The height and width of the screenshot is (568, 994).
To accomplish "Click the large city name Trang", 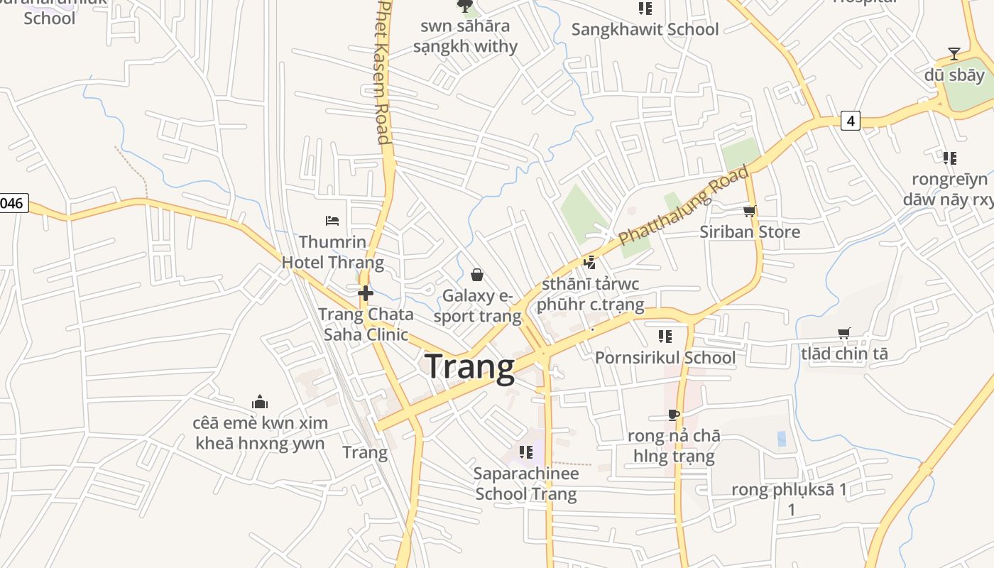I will [470, 368].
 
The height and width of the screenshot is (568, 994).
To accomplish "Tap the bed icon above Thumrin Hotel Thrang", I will [332, 221].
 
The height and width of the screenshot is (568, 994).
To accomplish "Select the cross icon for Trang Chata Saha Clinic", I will [366, 293].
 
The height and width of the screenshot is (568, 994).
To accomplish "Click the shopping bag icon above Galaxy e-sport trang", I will [477, 275].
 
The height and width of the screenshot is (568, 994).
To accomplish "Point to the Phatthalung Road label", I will [683, 205].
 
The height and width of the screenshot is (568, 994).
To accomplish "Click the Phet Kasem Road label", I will [383, 71].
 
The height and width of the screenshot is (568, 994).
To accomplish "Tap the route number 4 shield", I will [850, 121].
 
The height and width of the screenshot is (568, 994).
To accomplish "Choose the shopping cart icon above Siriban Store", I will [749, 211].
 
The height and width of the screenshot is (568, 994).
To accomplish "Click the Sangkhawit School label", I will [645, 30].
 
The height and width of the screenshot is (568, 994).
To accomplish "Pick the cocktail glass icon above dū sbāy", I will [954, 54].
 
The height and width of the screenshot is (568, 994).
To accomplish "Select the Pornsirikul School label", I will [665, 357].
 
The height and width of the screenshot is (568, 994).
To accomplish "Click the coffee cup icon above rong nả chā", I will [674, 415].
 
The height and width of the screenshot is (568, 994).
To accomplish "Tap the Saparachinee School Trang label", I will [526, 484].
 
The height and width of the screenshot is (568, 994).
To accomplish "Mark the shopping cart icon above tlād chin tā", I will [844, 333].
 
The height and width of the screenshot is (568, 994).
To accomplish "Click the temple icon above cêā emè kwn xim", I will [260, 402].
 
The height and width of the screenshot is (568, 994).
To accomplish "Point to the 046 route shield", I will [12, 204].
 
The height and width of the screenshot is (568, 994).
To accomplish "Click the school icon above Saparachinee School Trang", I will [526, 452].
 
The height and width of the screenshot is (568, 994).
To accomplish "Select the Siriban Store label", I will [750, 232].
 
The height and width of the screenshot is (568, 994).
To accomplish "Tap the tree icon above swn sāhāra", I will [465, 6].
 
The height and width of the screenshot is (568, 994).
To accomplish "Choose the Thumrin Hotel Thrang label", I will [332, 252].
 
